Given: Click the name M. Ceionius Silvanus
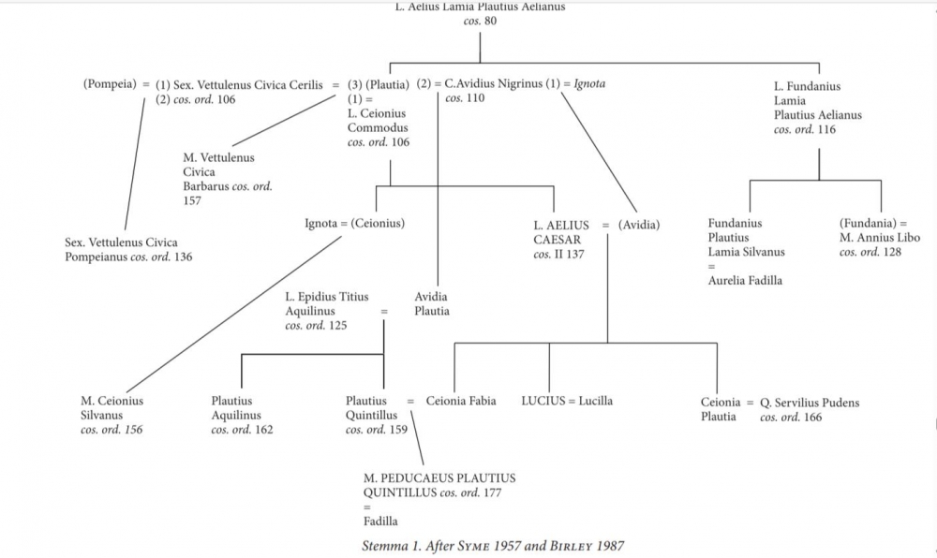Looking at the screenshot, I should click(x=112, y=408).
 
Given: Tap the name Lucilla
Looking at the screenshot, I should click(x=595, y=402).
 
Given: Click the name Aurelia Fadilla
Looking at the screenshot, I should click(x=746, y=280).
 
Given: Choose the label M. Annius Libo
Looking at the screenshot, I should click(x=880, y=238).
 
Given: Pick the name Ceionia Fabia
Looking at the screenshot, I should click(x=461, y=402).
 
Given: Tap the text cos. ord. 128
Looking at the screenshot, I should click(x=870, y=253).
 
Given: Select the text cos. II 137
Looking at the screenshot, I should click(x=559, y=255).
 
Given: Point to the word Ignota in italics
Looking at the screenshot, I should click(x=589, y=84).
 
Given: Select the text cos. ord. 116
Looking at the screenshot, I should click(x=805, y=130).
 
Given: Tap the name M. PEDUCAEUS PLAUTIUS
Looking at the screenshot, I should click(x=439, y=478).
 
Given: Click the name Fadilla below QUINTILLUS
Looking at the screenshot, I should click(x=380, y=521).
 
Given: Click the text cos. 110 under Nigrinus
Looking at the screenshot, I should click(x=465, y=98).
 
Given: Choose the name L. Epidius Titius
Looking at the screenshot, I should click(x=326, y=298).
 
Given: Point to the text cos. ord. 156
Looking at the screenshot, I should click(x=112, y=431).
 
